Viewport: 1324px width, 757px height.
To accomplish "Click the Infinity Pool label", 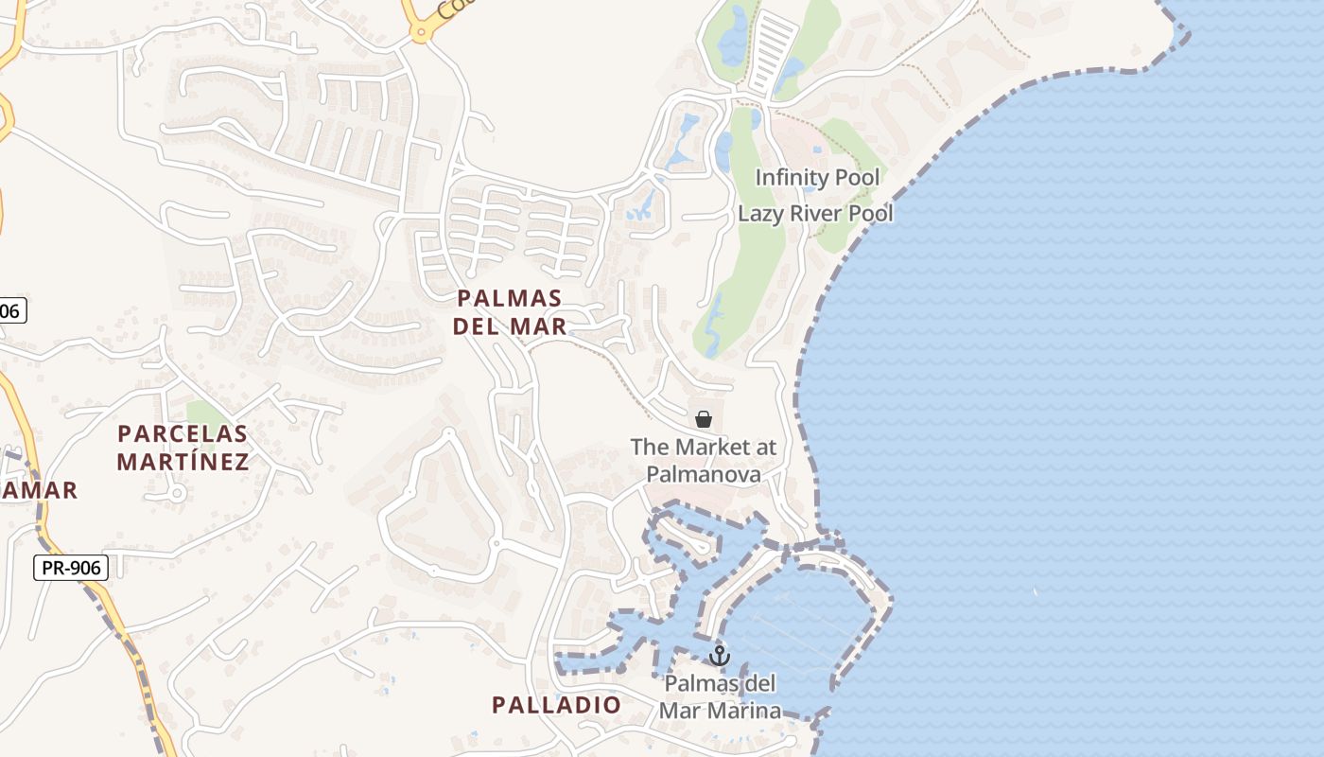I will [817, 177].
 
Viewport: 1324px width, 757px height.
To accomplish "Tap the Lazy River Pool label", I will [815, 213].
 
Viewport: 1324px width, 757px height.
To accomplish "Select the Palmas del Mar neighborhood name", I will [510, 312].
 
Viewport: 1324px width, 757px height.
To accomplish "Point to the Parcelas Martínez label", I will [183, 448].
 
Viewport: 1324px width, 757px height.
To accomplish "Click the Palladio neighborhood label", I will [556, 705].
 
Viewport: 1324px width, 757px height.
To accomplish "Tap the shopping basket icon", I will [704, 418].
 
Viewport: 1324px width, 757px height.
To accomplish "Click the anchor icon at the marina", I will [720, 655].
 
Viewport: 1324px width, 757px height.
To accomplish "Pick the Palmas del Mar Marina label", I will [720, 697].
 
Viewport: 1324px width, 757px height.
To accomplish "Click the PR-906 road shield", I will [71, 568].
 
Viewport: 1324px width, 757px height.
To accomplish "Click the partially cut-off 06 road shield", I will [11, 310].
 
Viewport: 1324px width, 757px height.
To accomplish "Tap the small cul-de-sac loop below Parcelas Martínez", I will [176, 493].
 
